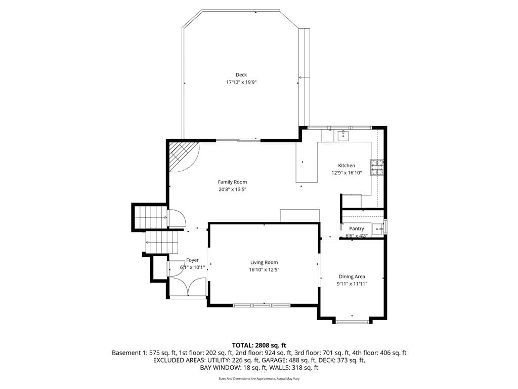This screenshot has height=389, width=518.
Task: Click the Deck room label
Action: click(241, 75)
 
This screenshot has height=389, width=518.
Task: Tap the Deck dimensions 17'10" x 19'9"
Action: click(241, 82)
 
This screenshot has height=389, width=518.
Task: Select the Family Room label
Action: click(232, 182)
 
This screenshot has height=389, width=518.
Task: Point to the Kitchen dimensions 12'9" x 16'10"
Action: click(347, 173)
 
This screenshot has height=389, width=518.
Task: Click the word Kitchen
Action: click(347, 166)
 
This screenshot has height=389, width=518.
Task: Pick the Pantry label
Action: click(357, 228)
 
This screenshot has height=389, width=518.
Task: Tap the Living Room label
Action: click(264, 262)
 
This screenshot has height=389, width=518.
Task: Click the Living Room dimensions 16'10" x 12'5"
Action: click(264, 269)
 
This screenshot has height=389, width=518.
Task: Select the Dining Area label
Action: click(352, 277)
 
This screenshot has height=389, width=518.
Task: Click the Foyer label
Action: click(192, 260)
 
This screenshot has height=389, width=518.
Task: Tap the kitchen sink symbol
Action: click(343, 135)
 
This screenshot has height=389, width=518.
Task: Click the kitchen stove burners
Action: click(377, 167)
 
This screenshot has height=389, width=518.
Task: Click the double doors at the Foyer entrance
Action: click(187, 287)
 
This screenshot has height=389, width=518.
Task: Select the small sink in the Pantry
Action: click(377, 228)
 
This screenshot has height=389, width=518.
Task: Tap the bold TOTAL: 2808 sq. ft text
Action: click(259, 345)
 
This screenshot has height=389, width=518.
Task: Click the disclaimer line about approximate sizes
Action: click(259, 379)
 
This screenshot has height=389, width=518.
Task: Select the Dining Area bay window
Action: click(352, 321)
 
